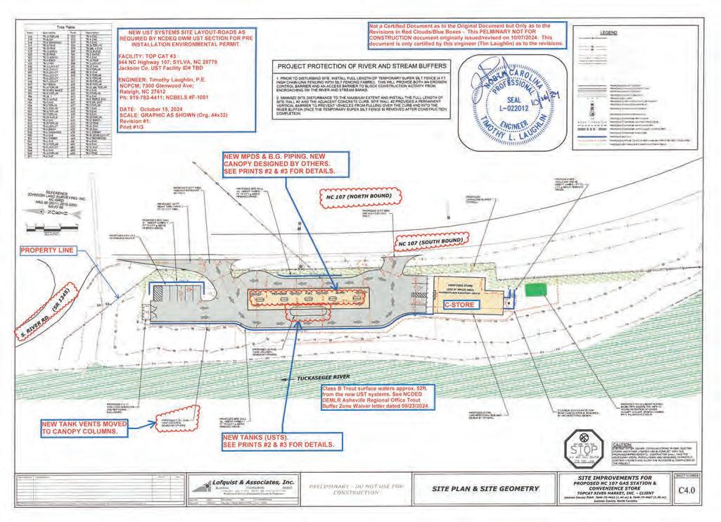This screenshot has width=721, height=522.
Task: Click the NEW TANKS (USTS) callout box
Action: coord(278,441)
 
